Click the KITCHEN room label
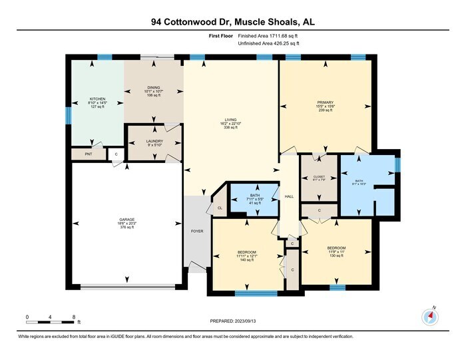pos(98,101)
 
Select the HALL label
pos(289,196)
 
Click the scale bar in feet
pos(50,321)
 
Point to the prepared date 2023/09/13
pos(232,321)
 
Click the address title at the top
pos(232,23)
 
